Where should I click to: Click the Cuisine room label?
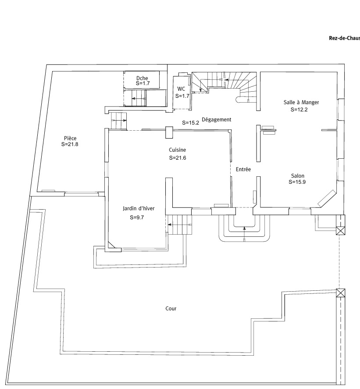click(x=178, y=150)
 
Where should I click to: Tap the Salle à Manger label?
click(x=301, y=102)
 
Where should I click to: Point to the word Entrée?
click(x=243, y=169)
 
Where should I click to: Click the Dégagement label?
click(x=217, y=119)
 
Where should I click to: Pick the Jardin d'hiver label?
click(x=138, y=209)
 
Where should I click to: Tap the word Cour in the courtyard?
click(x=171, y=309)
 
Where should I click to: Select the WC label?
click(x=181, y=89)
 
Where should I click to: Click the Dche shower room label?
click(x=143, y=78)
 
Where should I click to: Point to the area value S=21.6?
click(x=178, y=158)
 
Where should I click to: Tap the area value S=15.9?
click(x=298, y=181)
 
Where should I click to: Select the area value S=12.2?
click(x=299, y=110)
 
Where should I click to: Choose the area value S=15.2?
click(x=191, y=123)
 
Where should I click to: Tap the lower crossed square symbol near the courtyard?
click(x=341, y=293)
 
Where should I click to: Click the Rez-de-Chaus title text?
click(x=344, y=38)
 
